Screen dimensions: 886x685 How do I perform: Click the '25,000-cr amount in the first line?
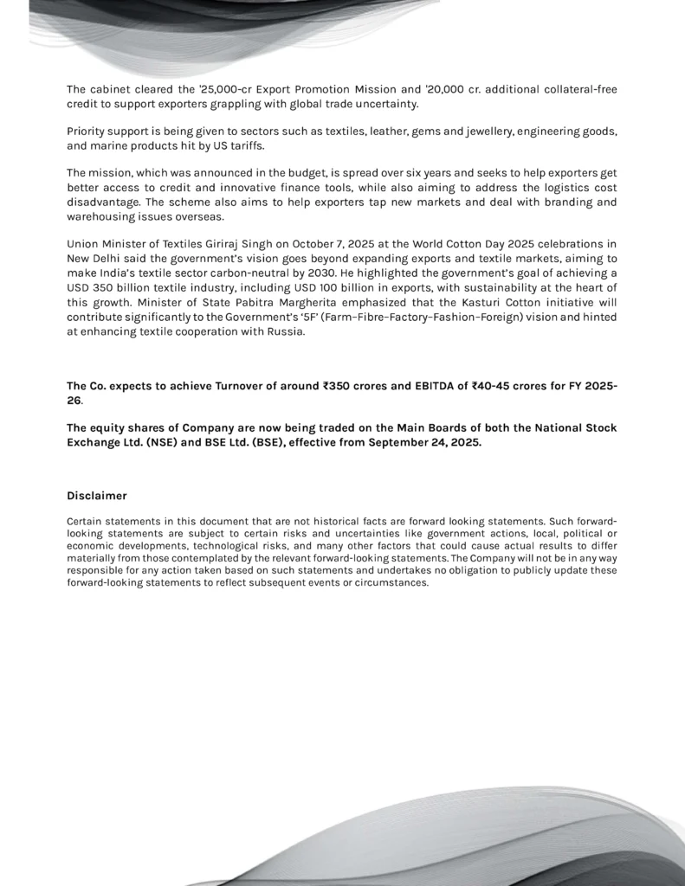[219, 90]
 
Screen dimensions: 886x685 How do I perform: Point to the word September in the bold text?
[405, 442]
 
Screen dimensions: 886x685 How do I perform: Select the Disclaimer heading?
[97, 496]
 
